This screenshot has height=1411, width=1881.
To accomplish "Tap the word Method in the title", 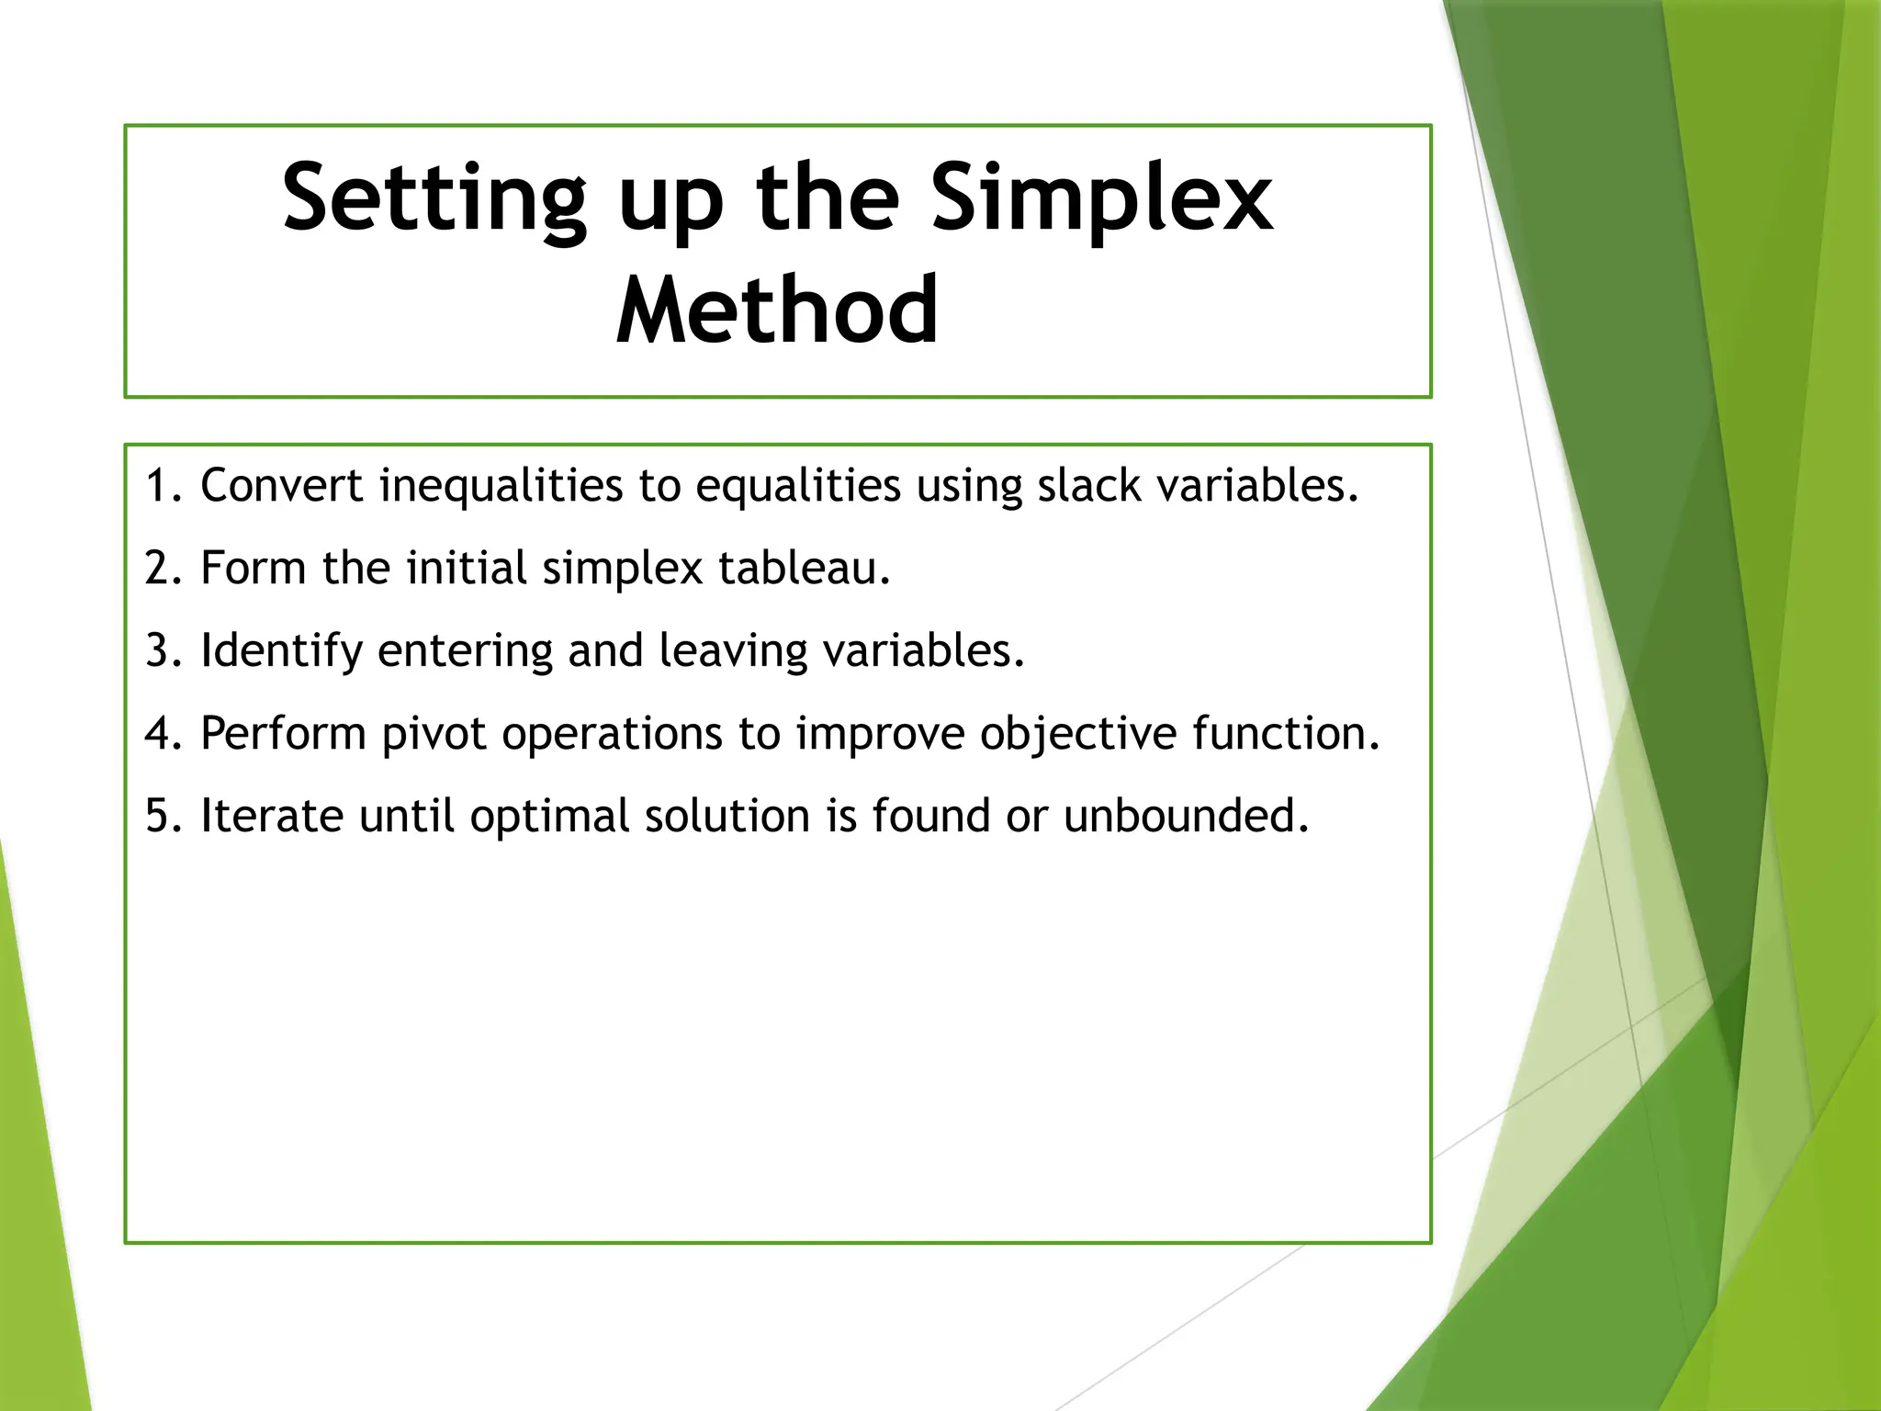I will pos(777,312).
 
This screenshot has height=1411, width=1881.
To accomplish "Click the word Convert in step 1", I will pos(282,486).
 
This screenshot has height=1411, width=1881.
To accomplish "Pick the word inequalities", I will pos(501,486).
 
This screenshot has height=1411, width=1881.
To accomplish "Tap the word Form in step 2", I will pos(253,569).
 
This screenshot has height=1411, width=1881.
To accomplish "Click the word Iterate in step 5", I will pos(272,817).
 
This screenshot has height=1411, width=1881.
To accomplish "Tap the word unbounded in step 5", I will pos(1185,817).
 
